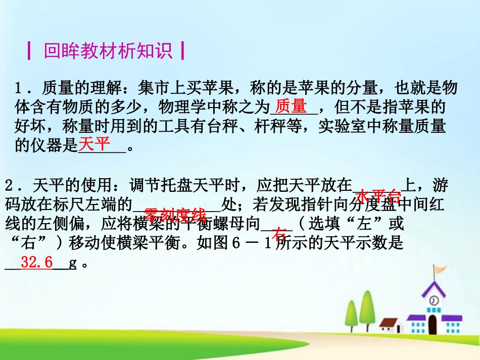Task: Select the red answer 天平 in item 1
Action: [x=94, y=145]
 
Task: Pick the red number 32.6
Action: [x=37, y=263]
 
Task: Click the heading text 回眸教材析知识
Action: [x=108, y=51]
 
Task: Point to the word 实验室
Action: [x=348, y=127]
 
